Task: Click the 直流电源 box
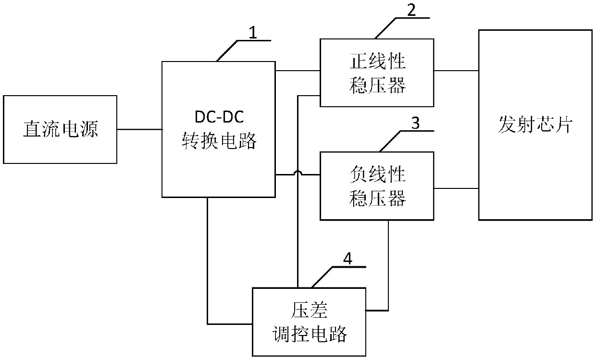(60, 129)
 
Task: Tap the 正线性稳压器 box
(377, 73)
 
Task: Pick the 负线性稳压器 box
(377, 186)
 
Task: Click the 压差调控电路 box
(309, 322)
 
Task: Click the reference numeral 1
(253, 33)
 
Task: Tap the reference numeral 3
(416, 123)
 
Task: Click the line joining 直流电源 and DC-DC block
(139, 129)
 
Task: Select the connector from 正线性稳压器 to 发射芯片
(456, 70)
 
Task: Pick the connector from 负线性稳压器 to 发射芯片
(456, 188)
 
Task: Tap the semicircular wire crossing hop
(298, 172)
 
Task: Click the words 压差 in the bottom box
(309, 311)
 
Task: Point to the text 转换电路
(219, 140)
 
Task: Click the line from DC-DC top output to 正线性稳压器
(298, 70)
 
